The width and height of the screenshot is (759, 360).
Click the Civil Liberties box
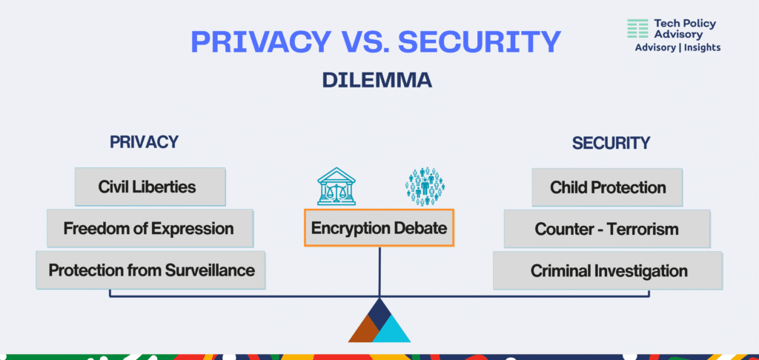pos(150,187)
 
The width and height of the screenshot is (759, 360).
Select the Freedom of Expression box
pos(150,228)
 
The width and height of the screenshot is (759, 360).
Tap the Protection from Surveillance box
pos(150,270)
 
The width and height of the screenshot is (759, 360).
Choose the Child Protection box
pos(607,187)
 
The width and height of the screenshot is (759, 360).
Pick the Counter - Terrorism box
pos(607,229)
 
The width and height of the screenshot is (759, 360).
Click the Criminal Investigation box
pos(608,270)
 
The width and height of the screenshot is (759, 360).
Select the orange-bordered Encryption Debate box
pos(379,227)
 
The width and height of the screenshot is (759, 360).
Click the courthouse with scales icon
pos(337,186)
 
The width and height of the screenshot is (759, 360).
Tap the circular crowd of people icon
pos(425,187)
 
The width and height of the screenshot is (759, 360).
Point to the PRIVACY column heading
pos(145,142)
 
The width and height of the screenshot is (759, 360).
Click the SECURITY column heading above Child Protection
pos(611,143)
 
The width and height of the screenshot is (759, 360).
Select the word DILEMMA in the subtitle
pos(377,80)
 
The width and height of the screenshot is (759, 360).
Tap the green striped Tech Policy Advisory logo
pos(637,29)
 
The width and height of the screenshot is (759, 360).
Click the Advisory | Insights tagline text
pos(677,47)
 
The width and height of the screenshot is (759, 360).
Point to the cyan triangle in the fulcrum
pos(391,331)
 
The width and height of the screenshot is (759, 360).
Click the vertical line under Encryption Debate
pos(379,271)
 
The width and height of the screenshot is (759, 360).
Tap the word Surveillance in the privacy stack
pos(210,270)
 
